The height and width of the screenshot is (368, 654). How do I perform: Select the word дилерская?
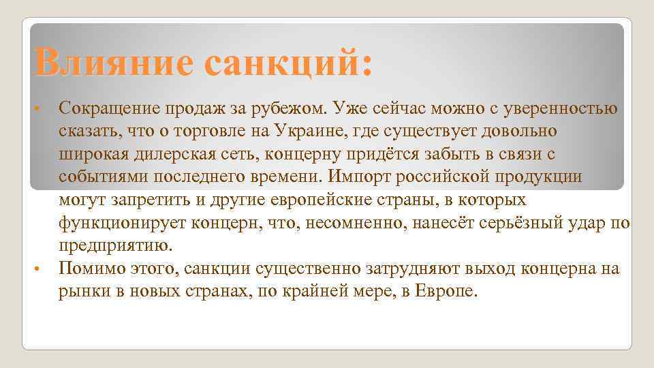point(176,153)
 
